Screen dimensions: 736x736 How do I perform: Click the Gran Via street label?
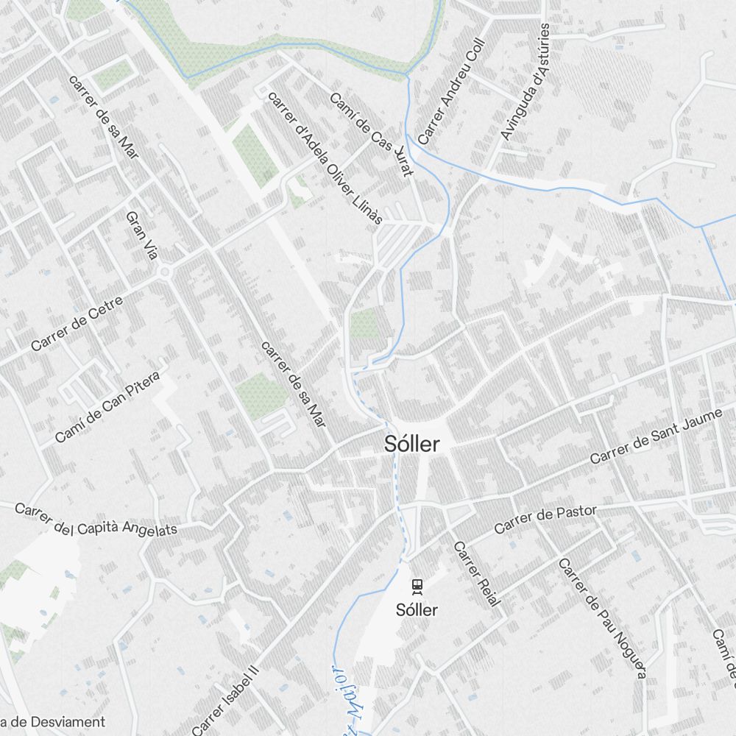click(x=142, y=236)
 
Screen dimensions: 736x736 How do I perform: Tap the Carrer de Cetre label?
click(x=77, y=328)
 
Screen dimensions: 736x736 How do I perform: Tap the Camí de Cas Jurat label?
click(x=372, y=134)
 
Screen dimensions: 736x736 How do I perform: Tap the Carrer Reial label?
click(x=476, y=574)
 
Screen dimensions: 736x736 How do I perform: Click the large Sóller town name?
click(x=412, y=444)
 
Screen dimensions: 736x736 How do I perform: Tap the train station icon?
click(x=417, y=586)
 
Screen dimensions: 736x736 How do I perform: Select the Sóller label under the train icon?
click(x=417, y=609)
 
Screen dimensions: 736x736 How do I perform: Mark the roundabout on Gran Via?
click(x=164, y=272)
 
